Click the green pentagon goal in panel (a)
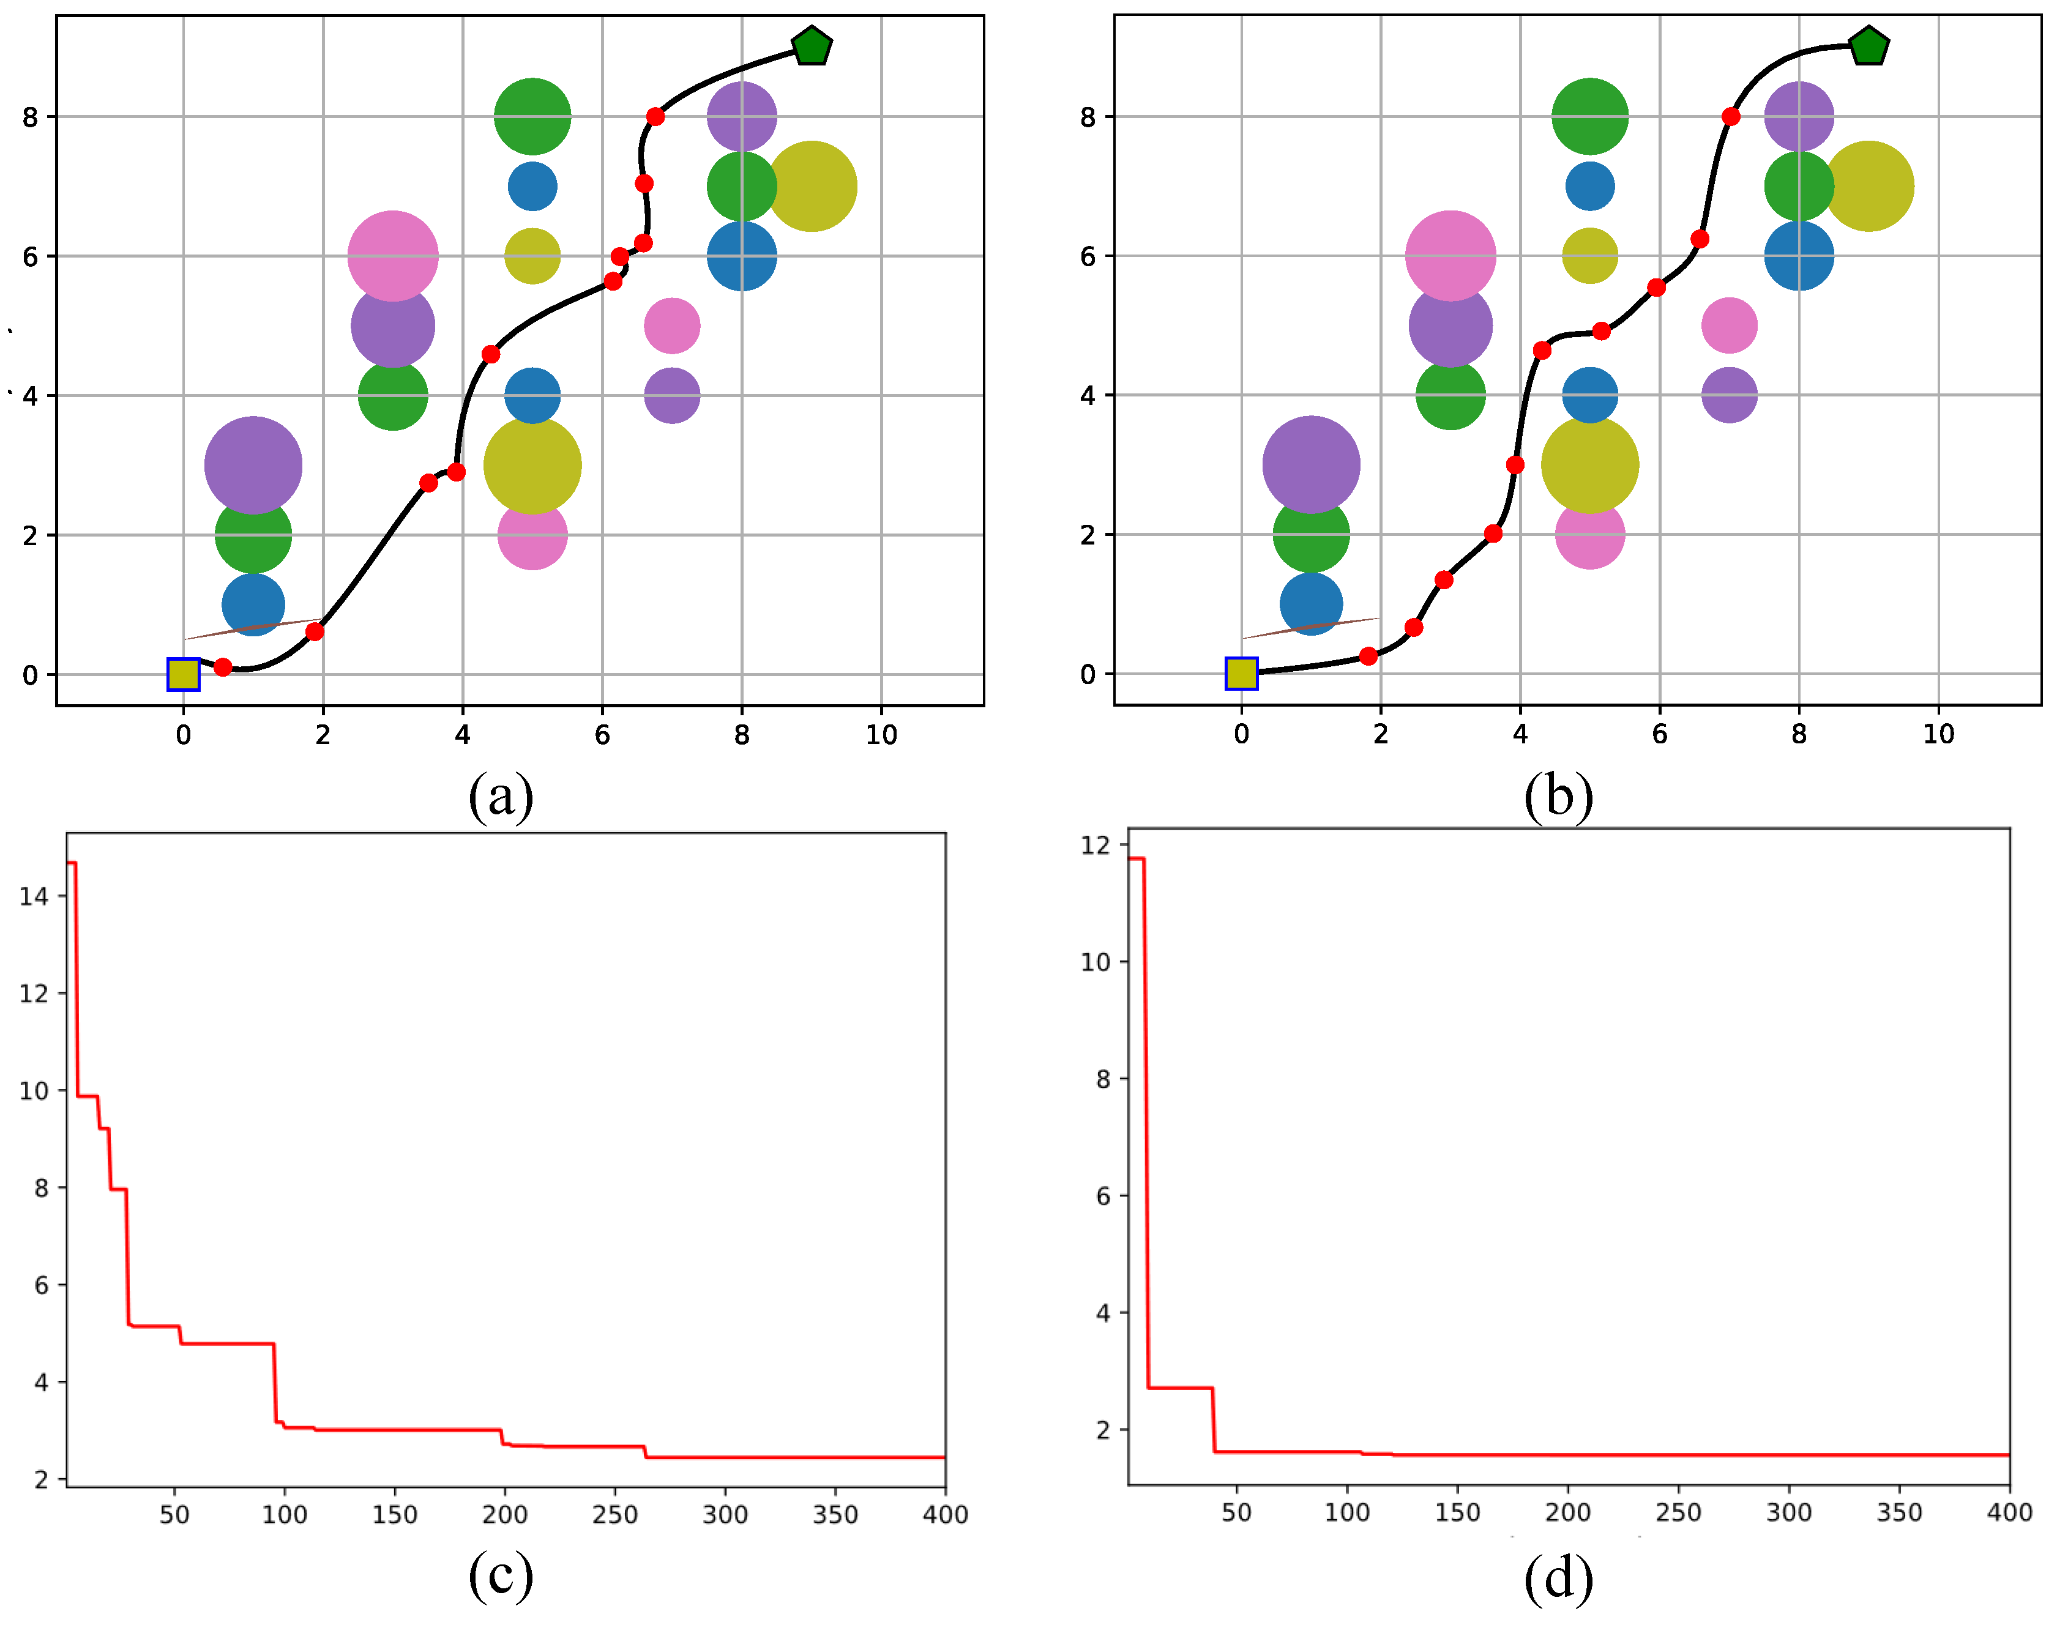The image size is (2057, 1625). pos(811,46)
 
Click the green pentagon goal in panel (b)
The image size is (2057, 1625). pos(1868,46)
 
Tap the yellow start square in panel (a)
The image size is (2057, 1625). pos(183,674)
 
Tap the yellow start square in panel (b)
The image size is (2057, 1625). pos(1241,672)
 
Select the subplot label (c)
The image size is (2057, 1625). pos(501,1577)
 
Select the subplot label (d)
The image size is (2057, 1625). pos(1558,1579)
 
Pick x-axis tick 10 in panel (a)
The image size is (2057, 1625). pos(881,734)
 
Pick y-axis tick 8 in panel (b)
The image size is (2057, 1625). pos(1088,117)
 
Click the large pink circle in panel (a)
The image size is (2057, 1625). pos(392,256)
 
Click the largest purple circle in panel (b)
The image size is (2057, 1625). pos(1311,464)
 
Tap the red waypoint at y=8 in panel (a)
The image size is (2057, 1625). pos(655,117)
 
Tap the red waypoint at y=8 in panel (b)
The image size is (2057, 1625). pos(1731,117)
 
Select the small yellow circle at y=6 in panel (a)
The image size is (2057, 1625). pos(532,256)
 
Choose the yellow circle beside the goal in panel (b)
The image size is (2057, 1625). pos(1868,187)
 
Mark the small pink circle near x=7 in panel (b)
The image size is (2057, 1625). pos(1728,325)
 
